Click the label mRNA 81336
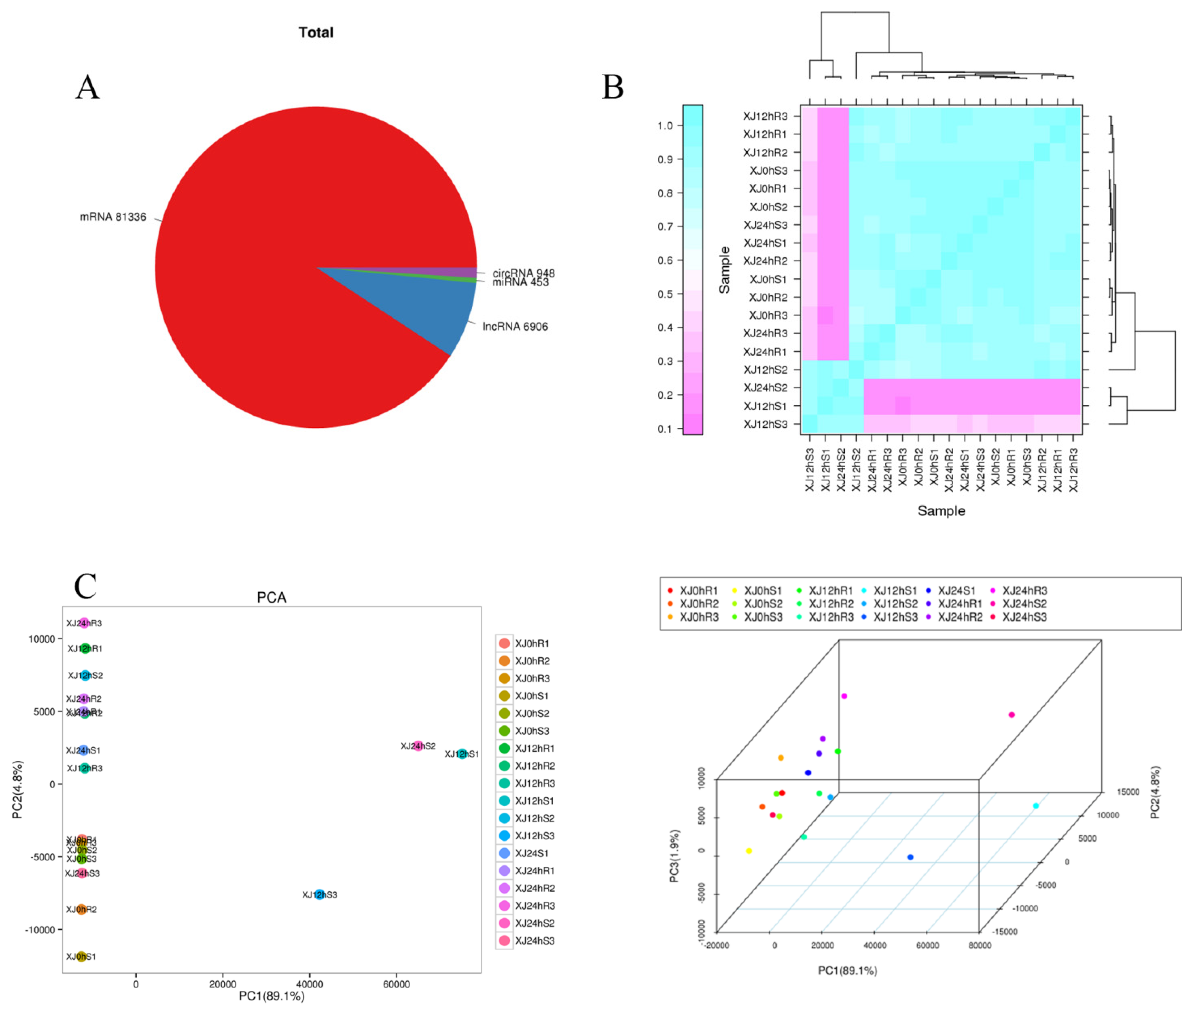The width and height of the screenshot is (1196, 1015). pos(113,217)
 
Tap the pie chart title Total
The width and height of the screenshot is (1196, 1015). pos(316,32)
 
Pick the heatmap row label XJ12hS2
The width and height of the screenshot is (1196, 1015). pos(765,369)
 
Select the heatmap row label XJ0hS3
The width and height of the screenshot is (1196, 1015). pos(768,170)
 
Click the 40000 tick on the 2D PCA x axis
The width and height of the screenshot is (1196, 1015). pos(309,984)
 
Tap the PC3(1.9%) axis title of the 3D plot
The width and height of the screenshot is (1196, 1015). pos(675,856)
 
